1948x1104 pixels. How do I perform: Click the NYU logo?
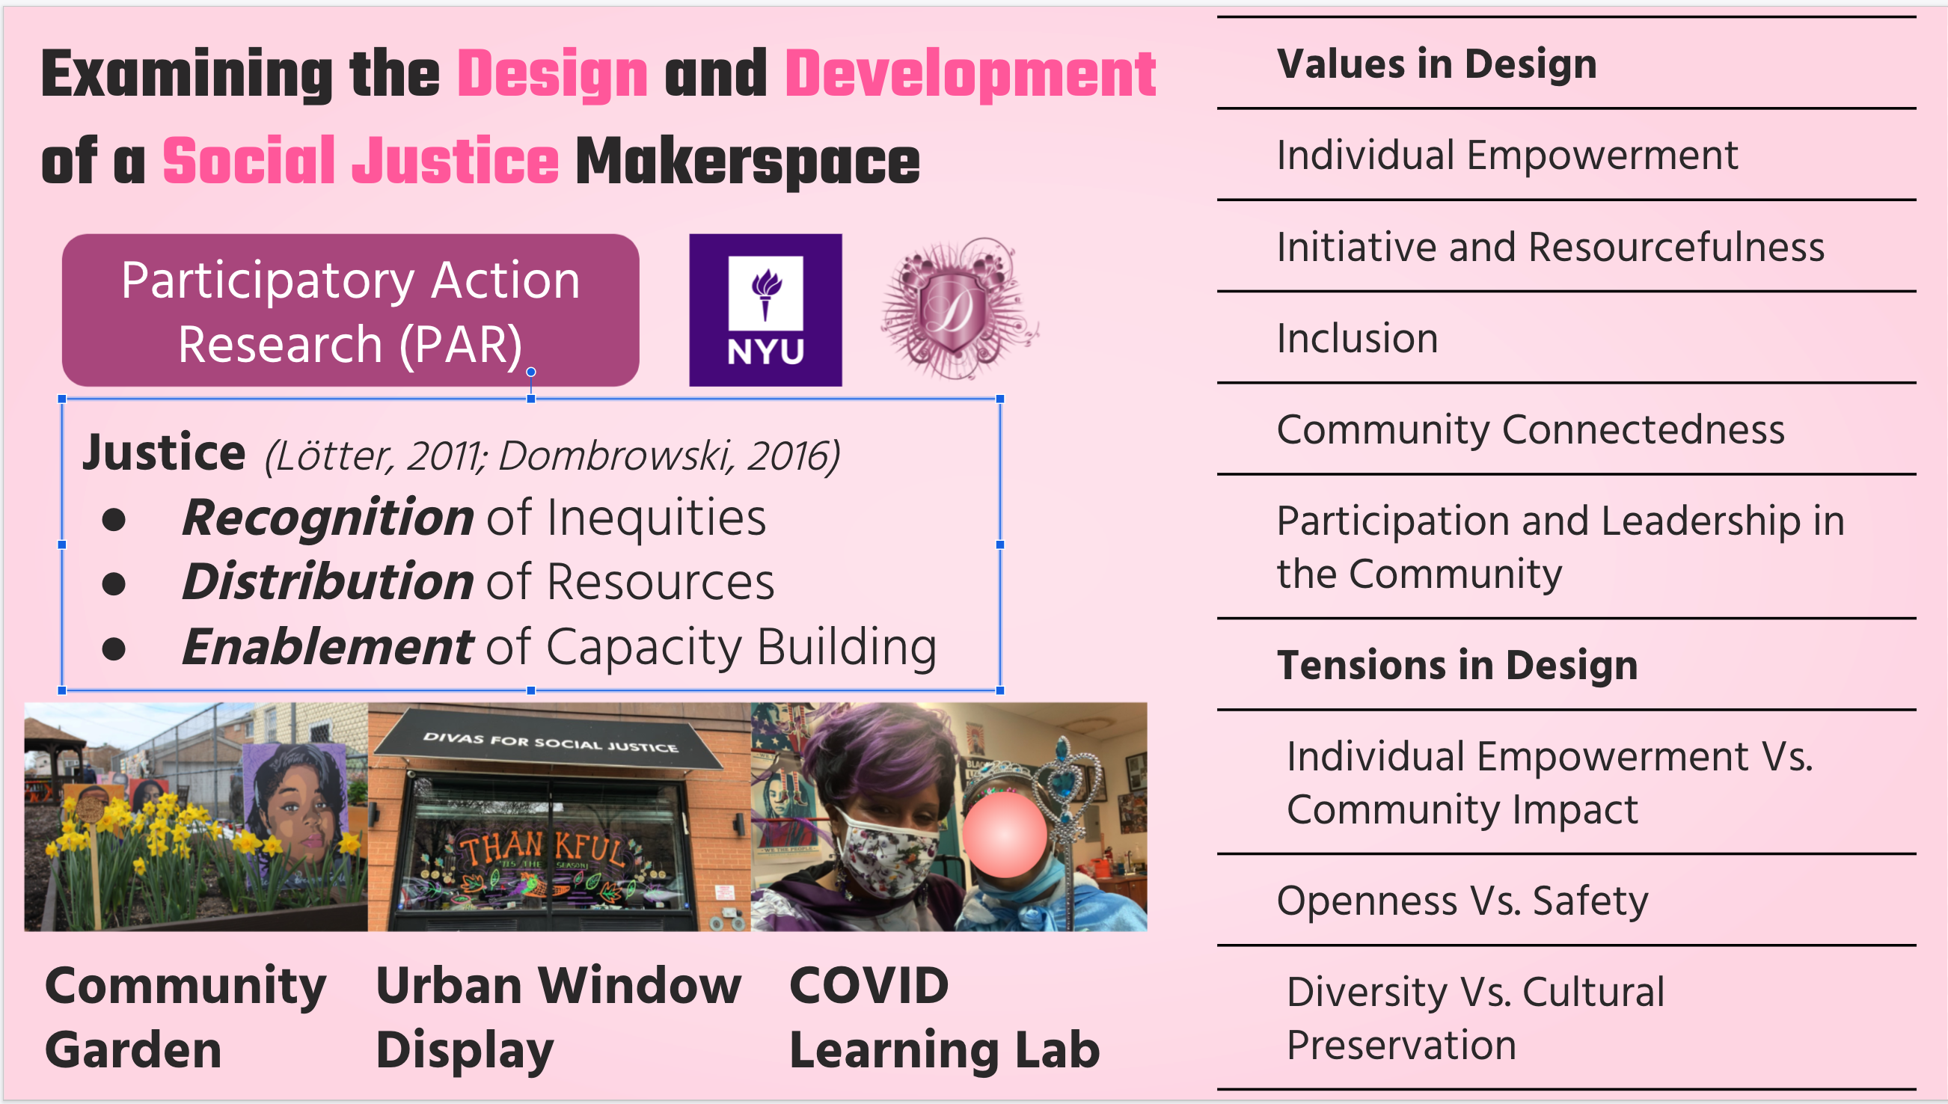click(765, 310)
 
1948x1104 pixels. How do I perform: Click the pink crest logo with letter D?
click(959, 308)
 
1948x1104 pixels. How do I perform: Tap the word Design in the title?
click(553, 75)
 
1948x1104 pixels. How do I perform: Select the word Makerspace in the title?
click(747, 162)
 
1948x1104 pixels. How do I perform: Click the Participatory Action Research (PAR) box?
click(350, 310)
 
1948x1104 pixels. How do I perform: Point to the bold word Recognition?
click(328, 518)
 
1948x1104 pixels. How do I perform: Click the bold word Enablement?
click(328, 648)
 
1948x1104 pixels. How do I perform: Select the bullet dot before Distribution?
click(114, 584)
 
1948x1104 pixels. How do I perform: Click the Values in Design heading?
click(1437, 64)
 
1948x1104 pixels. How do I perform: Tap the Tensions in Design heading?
click(1457, 665)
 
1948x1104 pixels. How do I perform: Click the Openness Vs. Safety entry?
click(1462, 901)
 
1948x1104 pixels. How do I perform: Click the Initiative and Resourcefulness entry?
click(1551, 247)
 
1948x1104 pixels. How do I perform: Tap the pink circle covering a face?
click(1005, 834)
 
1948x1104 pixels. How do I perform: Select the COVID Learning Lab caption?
click(945, 1017)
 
